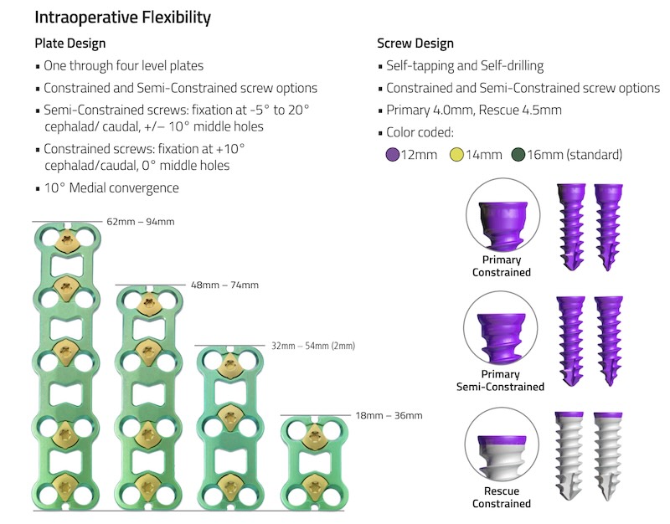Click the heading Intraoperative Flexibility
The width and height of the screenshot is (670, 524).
pyautogui.click(x=122, y=17)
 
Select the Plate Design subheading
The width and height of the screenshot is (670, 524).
pyautogui.click(x=70, y=44)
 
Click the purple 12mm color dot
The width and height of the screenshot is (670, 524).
pyautogui.click(x=391, y=154)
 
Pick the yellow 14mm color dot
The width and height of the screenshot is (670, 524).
pyautogui.click(x=457, y=154)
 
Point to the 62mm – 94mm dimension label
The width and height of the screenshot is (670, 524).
pyautogui.click(x=140, y=222)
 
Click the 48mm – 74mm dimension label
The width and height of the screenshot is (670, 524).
pyautogui.click(x=224, y=285)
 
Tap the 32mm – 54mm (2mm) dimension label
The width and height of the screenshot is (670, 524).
pyautogui.click(x=313, y=346)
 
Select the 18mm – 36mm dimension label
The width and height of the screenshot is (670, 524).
pyautogui.click(x=389, y=415)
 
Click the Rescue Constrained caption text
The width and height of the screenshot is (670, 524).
pyautogui.click(x=501, y=497)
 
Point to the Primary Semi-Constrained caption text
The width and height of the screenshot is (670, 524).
pyautogui.click(x=500, y=381)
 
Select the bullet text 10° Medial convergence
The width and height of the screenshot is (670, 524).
pyautogui.click(x=111, y=188)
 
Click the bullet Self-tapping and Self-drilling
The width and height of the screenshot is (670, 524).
pyautogui.click(x=465, y=65)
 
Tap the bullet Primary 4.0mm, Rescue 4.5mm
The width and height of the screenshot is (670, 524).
pyautogui.click(x=473, y=110)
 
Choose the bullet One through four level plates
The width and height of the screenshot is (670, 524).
pyautogui.click(x=123, y=65)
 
